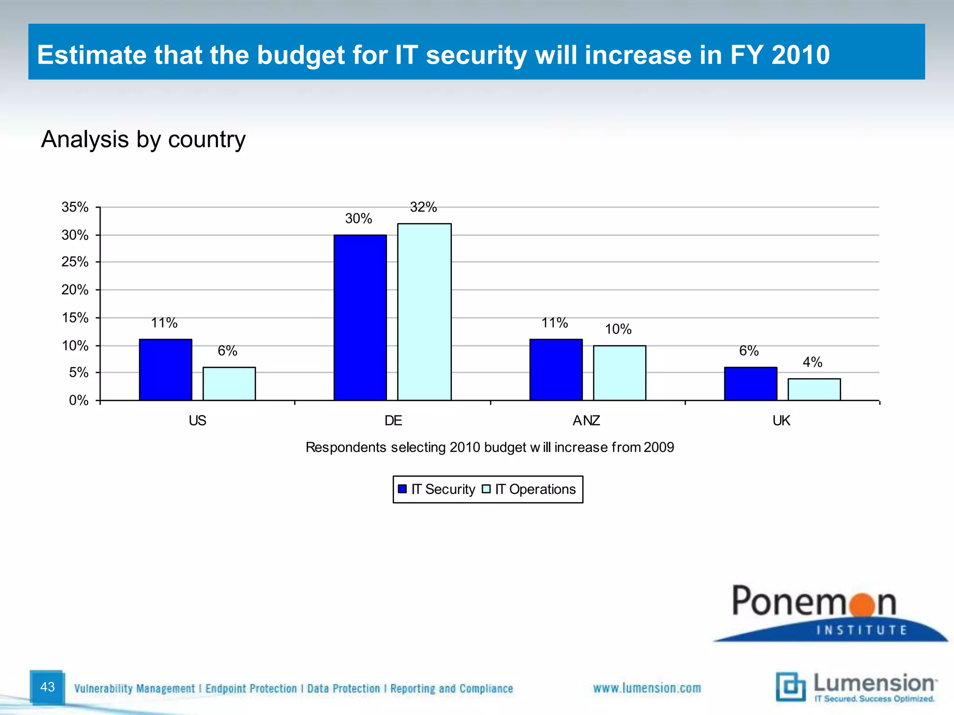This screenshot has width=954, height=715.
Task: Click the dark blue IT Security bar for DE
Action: (x=360, y=317)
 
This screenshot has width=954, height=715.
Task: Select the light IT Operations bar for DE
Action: (x=424, y=312)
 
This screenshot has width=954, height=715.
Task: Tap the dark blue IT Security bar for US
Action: (x=165, y=370)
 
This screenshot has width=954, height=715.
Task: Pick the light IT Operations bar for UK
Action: (x=814, y=390)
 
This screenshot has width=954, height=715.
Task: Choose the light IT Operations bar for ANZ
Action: (x=619, y=373)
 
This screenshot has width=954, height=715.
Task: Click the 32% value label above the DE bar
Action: (x=423, y=207)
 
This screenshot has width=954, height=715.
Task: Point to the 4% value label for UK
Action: (x=812, y=362)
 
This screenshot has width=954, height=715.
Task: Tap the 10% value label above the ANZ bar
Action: (x=618, y=330)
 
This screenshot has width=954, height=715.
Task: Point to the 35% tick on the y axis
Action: (x=75, y=207)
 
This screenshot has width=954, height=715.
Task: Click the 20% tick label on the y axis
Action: (x=75, y=290)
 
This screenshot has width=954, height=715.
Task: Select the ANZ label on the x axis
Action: (x=586, y=421)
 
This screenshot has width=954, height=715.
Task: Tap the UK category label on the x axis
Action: (x=781, y=421)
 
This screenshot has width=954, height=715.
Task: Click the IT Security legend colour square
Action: (x=402, y=489)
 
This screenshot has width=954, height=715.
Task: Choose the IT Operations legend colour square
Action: (x=486, y=489)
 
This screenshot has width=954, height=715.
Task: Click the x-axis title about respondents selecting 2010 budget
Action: (x=490, y=447)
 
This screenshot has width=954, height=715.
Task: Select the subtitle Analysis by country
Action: (x=143, y=139)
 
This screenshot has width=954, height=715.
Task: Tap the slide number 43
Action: (x=48, y=687)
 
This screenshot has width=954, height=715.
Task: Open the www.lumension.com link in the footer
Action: (x=647, y=688)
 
